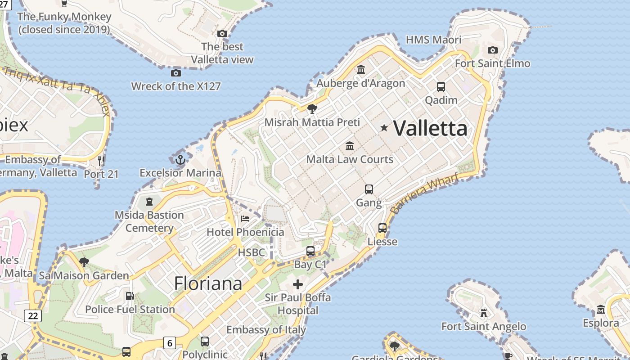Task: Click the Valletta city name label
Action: (x=430, y=129)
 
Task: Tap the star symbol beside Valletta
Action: (x=384, y=128)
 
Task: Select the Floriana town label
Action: (x=208, y=283)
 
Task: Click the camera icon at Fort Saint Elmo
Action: (x=493, y=50)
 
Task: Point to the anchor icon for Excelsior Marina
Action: (x=180, y=160)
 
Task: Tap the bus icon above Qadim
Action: (x=441, y=87)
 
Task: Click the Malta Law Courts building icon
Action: (x=350, y=146)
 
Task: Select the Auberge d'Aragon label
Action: (x=361, y=83)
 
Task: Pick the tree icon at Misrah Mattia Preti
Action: (x=312, y=109)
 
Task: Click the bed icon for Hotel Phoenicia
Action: (x=245, y=219)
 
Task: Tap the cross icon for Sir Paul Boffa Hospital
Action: (x=297, y=284)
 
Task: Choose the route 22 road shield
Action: (x=33, y=315)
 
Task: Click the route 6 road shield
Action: (x=169, y=343)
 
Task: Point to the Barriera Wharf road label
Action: (x=425, y=193)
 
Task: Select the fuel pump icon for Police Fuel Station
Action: (x=130, y=296)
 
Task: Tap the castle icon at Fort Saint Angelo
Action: (x=484, y=313)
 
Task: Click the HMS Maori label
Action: (x=433, y=40)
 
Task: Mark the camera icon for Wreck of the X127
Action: (x=176, y=73)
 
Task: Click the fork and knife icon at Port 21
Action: (x=101, y=161)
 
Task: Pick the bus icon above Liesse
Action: (x=382, y=228)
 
